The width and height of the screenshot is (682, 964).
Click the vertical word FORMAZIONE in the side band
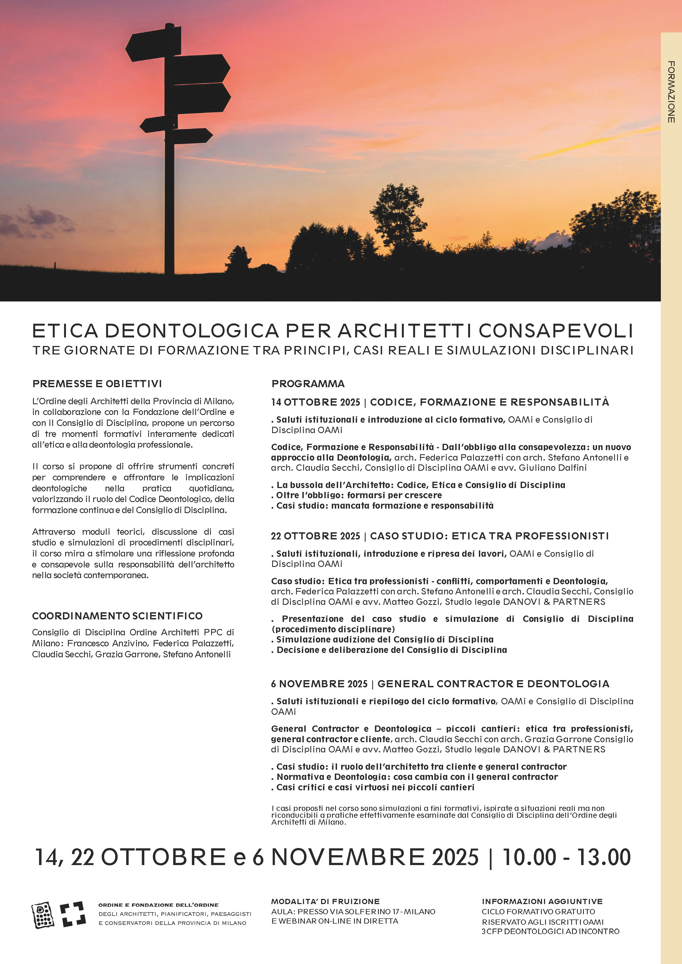point(671,92)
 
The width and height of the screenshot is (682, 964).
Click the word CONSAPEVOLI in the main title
point(556,331)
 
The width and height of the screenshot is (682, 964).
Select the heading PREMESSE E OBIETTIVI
point(97,384)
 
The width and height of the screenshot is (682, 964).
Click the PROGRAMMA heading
point(308,384)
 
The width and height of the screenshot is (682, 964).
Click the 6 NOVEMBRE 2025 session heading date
point(319,684)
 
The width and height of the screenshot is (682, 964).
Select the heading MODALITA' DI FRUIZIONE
point(325,901)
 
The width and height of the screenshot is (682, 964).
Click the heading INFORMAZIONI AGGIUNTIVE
point(542,901)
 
